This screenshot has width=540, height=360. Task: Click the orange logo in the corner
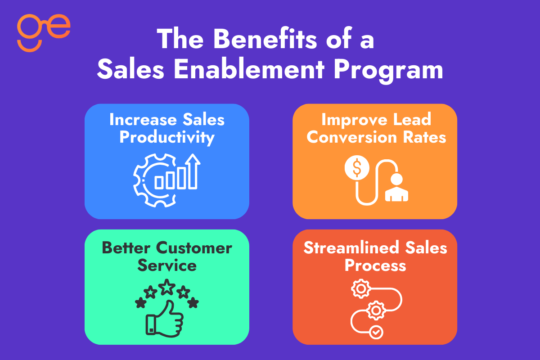[x=44, y=32]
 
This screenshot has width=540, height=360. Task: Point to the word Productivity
[x=167, y=137]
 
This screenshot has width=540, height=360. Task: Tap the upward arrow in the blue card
[x=193, y=171]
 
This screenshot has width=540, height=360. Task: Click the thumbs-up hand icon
[x=164, y=317]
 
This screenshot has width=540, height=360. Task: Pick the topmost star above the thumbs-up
[x=167, y=286]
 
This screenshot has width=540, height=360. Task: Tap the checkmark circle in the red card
[x=375, y=333]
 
